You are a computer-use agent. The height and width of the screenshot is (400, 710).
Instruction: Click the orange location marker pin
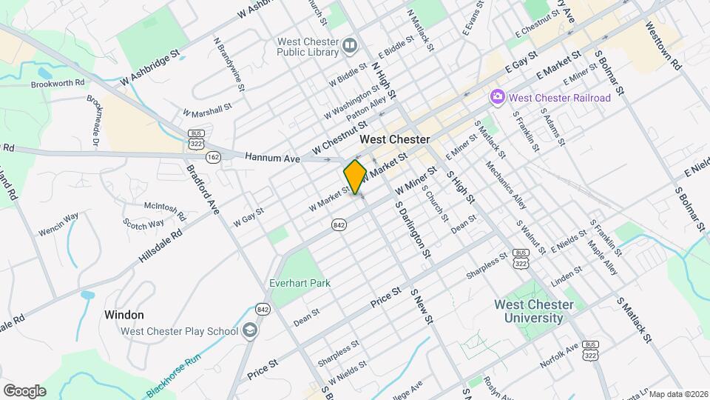point(355,176)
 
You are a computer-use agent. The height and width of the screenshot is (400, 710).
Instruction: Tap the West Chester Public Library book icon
point(350,47)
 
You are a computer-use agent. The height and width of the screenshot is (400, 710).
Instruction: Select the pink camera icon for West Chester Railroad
point(498,97)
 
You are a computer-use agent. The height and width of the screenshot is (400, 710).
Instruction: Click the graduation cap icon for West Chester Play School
point(250,331)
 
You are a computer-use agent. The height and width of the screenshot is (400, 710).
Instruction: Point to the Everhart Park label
point(300,283)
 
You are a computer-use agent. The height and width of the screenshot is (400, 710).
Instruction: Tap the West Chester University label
point(533,312)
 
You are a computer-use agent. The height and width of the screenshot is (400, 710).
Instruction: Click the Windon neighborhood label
point(124,315)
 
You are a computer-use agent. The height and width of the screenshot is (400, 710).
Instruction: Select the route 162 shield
point(213,157)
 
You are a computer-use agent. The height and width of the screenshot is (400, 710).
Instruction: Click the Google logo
point(24,390)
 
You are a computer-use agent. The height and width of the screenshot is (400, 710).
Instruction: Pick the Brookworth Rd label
point(58,84)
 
